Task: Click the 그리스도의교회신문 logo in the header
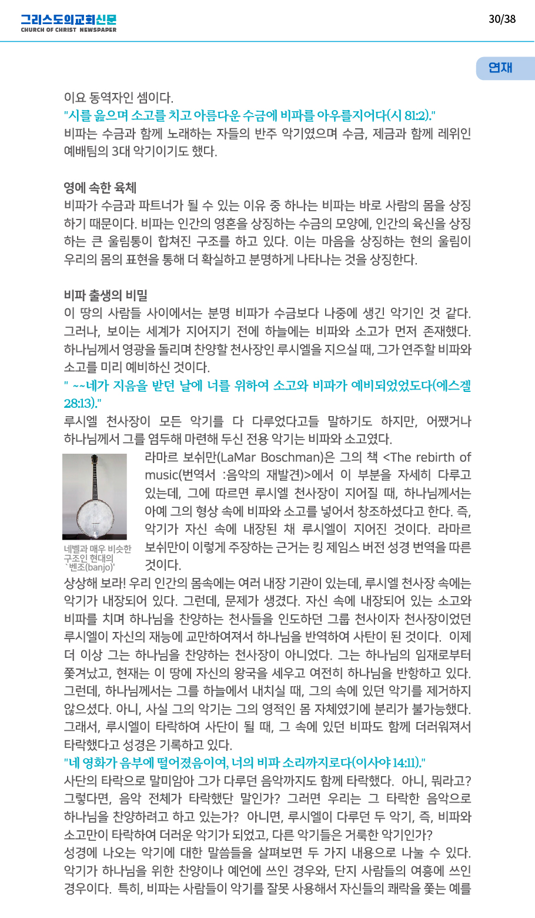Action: coord(68,19)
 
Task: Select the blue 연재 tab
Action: coord(501,68)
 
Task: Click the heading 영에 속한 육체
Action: coord(100,188)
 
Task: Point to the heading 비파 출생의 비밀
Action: coord(106,295)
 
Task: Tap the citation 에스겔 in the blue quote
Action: coord(452,386)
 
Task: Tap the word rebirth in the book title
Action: coord(434,458)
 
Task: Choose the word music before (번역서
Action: coord(161,475)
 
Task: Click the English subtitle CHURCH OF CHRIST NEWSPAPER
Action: coord(68,29)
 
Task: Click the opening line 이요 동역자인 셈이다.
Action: coord(118,98)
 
